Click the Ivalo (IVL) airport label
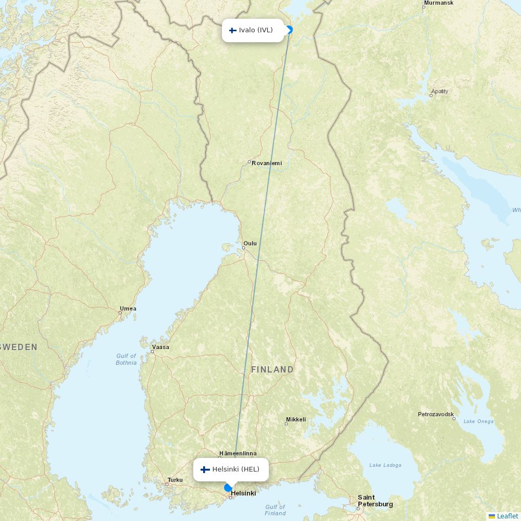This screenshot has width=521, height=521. pos(253,30)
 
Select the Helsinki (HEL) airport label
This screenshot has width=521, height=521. pos(231,469)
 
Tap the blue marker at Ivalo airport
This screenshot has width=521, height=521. pos(290,30)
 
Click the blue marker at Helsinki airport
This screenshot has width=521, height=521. pos(228,488)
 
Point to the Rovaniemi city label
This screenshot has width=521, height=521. pos(266,163)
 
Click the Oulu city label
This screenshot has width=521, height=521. pos(250,243)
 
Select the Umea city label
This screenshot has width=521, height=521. pos(128,308)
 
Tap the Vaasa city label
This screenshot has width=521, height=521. pos(160,347)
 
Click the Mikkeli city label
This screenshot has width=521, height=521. pos(296,419)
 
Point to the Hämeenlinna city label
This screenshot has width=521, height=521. pos(238,453)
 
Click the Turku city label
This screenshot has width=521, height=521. pos(175,480)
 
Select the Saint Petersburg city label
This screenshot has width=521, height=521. pos(375,501)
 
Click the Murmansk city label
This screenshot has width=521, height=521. pos(439,3)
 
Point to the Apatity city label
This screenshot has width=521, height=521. pos(440,91)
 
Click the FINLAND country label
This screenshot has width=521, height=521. pos(272,369)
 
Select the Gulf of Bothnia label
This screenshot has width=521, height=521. pos(126,359)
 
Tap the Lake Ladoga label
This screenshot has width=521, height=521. pos(386,465)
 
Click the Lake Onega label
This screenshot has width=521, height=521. pos(478,421)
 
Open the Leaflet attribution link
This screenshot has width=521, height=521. pos(507,516)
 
